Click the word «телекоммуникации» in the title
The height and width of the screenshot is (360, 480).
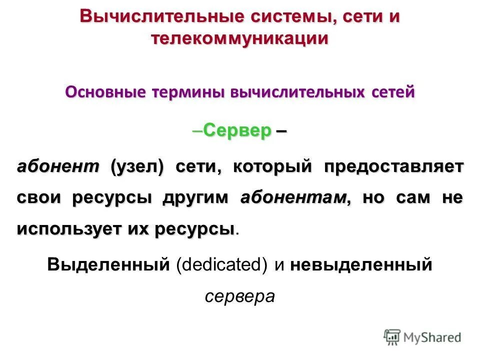tap(240, 39)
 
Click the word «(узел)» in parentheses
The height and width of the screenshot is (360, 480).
tap(137, 166)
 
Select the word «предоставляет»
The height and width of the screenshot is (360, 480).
tap(393, 166)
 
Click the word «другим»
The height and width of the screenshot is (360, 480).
tap(195, 197)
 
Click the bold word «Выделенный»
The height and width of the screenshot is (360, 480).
tap(108, 264)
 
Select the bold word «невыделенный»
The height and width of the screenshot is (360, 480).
tap(360, 264)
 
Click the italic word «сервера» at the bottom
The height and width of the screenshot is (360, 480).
tap(240, 296)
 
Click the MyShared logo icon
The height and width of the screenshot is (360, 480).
tap(392, 337)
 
